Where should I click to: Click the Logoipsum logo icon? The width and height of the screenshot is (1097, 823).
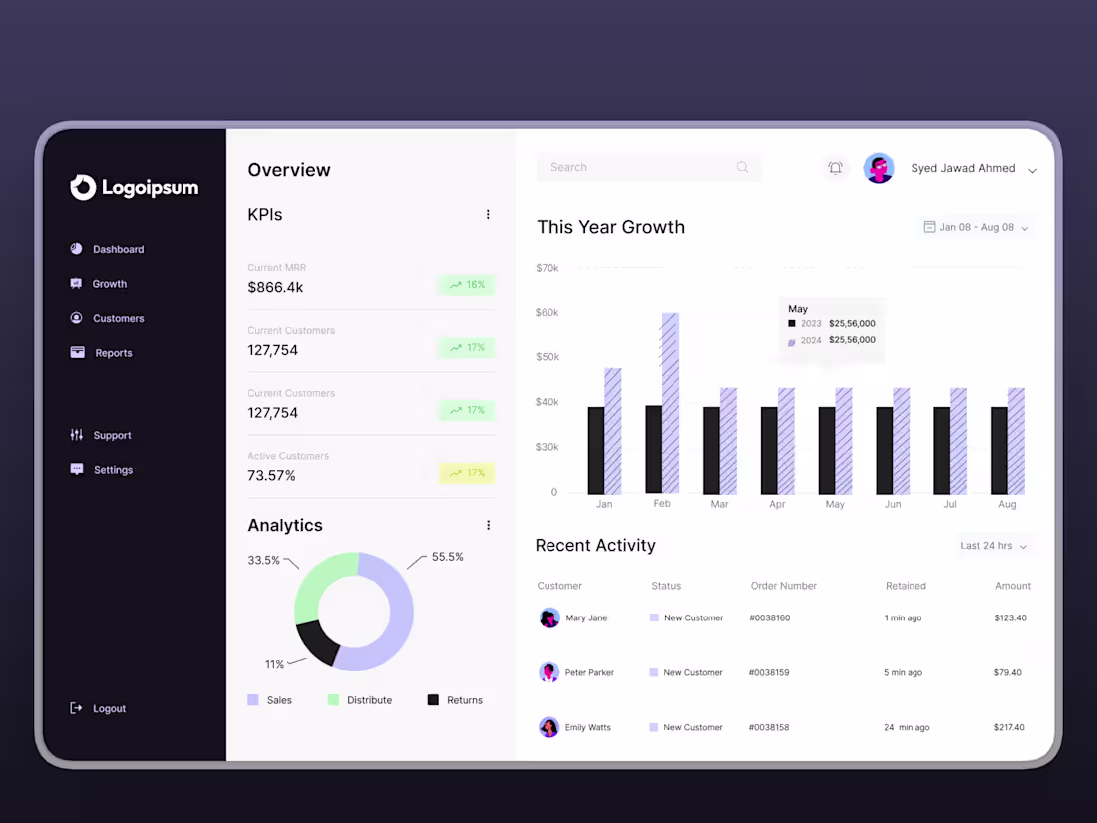tap(83, 187)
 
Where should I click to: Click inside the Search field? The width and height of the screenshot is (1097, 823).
tap(638, 167)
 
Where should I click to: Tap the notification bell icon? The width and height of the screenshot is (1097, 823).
tap(836, 168)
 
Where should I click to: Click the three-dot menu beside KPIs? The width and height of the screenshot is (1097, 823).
tap(488, 214)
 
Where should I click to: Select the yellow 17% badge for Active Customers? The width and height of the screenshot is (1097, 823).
tap(467, 473)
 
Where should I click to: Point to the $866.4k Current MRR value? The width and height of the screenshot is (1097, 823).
tap(275, 287)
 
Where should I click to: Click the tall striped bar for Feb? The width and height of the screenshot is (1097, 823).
tap(670, 403)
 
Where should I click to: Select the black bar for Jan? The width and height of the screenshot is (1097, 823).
tap(596, 450)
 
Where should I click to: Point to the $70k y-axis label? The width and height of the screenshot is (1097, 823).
tap(547, 268)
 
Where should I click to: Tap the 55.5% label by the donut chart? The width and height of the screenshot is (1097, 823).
tap(447, 557)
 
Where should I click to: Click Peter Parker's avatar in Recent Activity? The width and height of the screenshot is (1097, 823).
tap(549, 672)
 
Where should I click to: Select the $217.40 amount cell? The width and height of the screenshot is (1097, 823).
tap(1009, 727)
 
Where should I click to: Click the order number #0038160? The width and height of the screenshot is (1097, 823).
tap(769, 617)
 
